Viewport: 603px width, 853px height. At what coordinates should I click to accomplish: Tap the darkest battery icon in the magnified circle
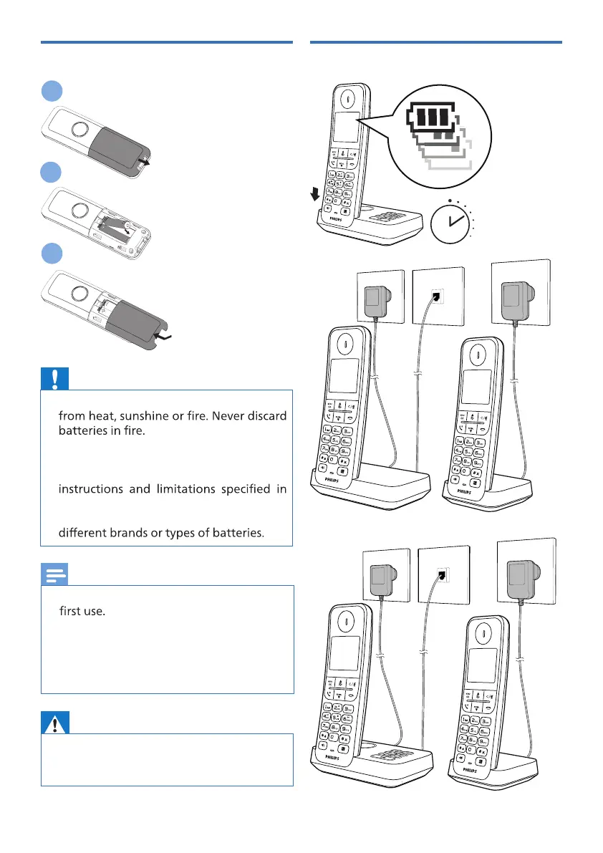[432, 117]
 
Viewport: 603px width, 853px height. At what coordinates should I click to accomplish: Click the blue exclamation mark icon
[54, 379]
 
